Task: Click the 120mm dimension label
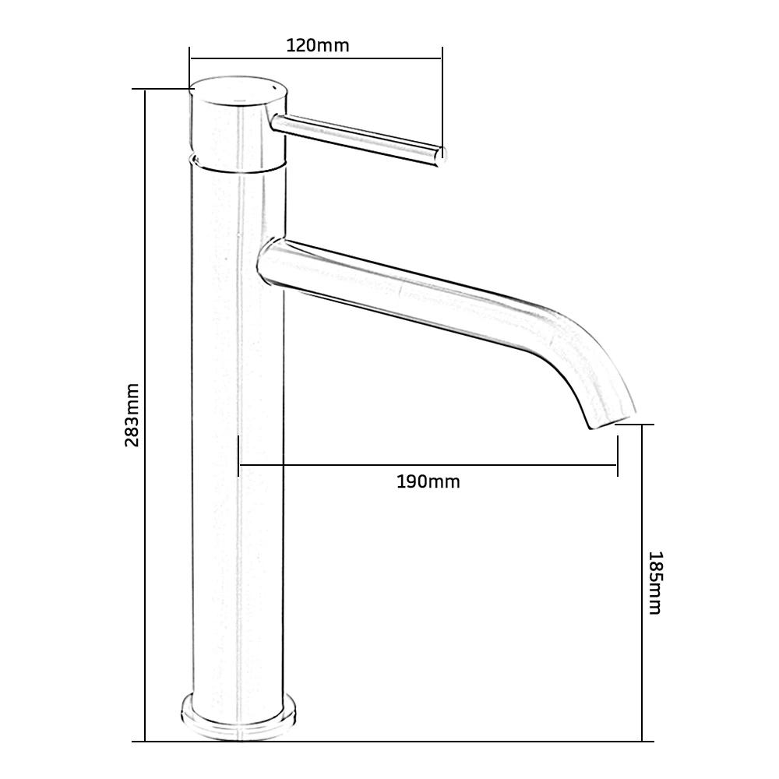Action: tap(318, 45)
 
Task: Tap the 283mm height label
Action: tap(132, 414)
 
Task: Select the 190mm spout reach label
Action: tap(428, 481)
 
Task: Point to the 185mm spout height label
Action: tap(655, 583)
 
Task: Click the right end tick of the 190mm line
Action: tap(617, 456)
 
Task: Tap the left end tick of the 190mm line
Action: tap(238, 456)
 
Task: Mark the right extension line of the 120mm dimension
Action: tap(442, 101)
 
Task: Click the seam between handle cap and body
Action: tap(237, 165)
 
